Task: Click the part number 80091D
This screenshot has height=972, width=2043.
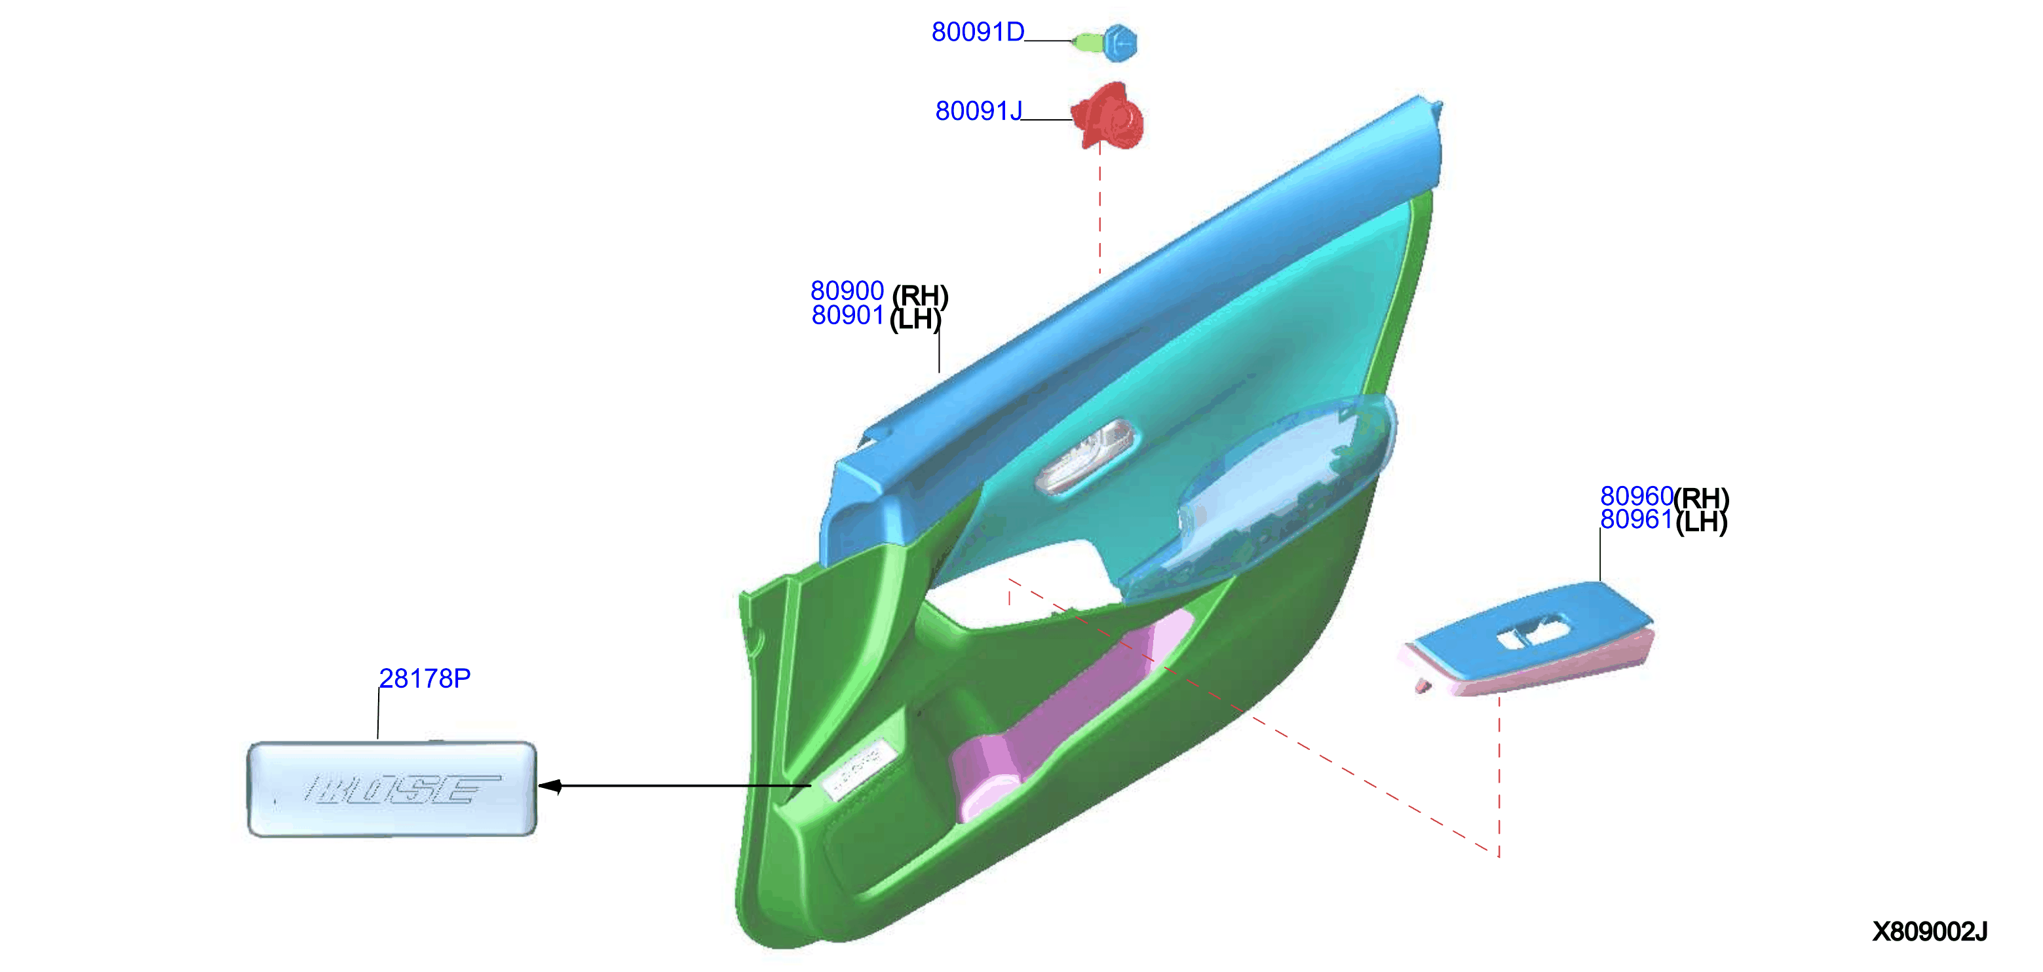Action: tap(977, 31)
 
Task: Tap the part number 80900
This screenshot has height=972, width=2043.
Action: tap(847, 291)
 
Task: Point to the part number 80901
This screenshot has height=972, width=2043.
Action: tap(847, 316)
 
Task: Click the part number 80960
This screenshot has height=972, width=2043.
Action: tap(1635, 496)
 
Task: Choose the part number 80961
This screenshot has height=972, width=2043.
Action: tap(1635, 519)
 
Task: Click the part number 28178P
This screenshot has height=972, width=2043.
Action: tap(425, 679)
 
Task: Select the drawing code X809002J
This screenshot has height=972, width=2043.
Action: tap(1930, 931)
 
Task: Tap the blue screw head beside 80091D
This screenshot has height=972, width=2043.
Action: tap(1119, 43)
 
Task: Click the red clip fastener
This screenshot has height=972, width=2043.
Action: tap(1108, 117)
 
